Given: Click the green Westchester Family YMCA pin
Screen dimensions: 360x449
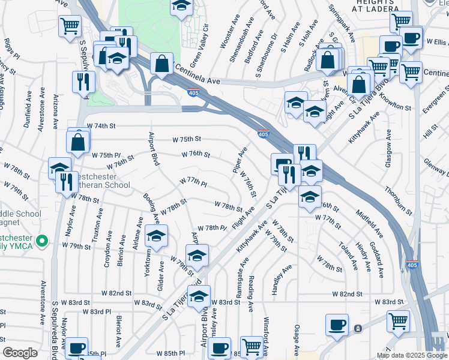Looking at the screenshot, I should (41, 242).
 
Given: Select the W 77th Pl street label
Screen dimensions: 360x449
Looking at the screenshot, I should (193, 181).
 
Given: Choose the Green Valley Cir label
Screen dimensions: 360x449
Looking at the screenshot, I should (200, 38).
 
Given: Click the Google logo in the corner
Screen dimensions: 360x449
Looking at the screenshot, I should (20, 353).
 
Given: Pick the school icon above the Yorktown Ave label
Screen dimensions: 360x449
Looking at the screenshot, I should (156, 238).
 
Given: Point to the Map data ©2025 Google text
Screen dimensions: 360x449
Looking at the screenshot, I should (411, 355).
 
